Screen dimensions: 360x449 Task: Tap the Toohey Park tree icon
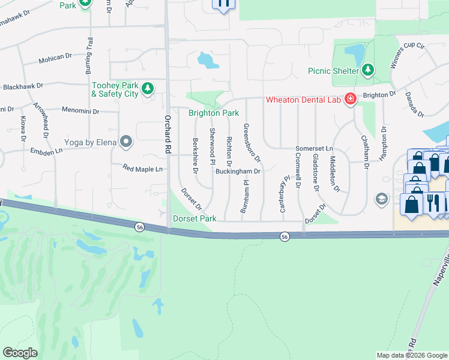(x=147, y=89)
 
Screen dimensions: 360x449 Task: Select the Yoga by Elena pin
(x=126, y=142)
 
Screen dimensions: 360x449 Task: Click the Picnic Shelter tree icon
(x=367, y=70)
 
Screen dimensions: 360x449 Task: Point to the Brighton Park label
(x=214, y=113)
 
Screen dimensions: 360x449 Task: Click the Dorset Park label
(x=194, y=219)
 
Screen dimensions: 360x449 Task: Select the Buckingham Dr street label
(x=238, y=172)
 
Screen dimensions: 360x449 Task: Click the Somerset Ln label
(x=313, y=148)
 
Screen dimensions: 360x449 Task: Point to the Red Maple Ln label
(x=142, y=169)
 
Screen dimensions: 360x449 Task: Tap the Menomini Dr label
(x=80, y=111)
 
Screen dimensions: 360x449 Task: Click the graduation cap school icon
(x=381, y=199)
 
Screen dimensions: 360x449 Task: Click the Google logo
(x=20, y=353)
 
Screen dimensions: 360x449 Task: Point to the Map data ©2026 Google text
(x=411, y=355)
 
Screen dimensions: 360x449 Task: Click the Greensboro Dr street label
(x=251, y=143)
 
